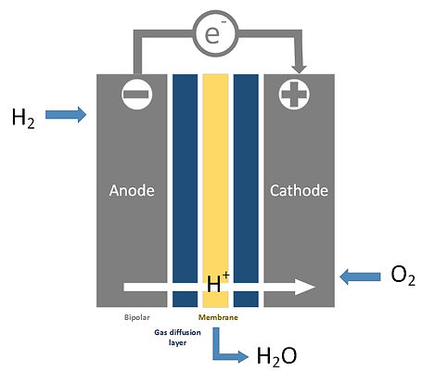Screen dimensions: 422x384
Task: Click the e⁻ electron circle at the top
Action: (x=215, y=33)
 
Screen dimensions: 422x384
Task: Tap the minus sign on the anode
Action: (x=136, y=95)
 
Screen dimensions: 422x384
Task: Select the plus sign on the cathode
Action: (x=294, y=95)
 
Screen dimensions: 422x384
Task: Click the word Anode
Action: (x=132, y=190)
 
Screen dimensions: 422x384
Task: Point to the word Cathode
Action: (x=299, y=190)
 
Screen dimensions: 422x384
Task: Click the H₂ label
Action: (x=23, y=119)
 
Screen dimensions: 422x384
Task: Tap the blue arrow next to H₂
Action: (x=66, y=115)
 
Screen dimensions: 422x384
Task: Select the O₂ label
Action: (x=403, y=275)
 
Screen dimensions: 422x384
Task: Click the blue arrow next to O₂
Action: (x=360, y=276)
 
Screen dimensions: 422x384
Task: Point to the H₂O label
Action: (x=276, y=357)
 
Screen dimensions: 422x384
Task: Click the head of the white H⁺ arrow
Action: (x=305, y=287)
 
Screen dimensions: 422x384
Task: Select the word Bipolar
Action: (x=136, y=317)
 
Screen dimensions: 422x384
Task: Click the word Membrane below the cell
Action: (x=218, y=317)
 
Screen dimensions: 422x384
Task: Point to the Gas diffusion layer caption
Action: (x=177, y=338)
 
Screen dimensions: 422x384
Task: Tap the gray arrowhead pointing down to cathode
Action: (x=299, y=69)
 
